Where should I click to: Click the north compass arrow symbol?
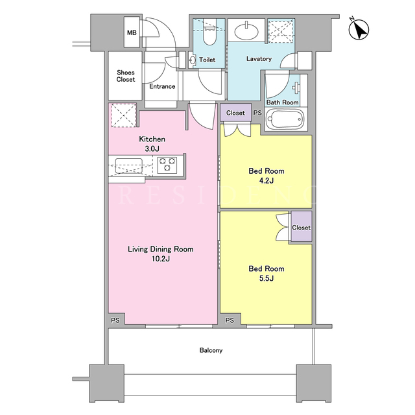(x=359, y=30)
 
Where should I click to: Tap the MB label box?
(x=132, y=32)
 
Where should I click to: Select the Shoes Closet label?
(x=126, y=76)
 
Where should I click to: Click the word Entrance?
(x=162, y=86)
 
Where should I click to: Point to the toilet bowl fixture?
(x=210, y=36)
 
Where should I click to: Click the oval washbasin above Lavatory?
(x=247, y=31)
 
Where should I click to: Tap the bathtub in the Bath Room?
(x=284, y=119)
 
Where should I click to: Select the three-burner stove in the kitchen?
(x=167, y=165)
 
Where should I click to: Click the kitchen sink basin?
(x=129, y=166)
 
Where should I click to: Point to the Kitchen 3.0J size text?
(x=152, y=148)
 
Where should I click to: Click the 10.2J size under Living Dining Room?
(x=161, y=259)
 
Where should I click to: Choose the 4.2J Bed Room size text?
(x=267, y=181)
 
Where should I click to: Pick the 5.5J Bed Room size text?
(x=267, y=278)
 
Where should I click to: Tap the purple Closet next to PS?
(x=235, y=113)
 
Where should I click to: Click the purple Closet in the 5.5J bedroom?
(x=302, y=226)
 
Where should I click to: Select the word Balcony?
(x=211, y=350)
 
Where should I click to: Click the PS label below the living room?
(x=115, y=320)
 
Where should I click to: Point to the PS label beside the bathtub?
(x=257, y=113)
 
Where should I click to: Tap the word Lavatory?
(x=259, y=59)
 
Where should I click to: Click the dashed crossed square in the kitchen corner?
(x=124, y=115)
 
